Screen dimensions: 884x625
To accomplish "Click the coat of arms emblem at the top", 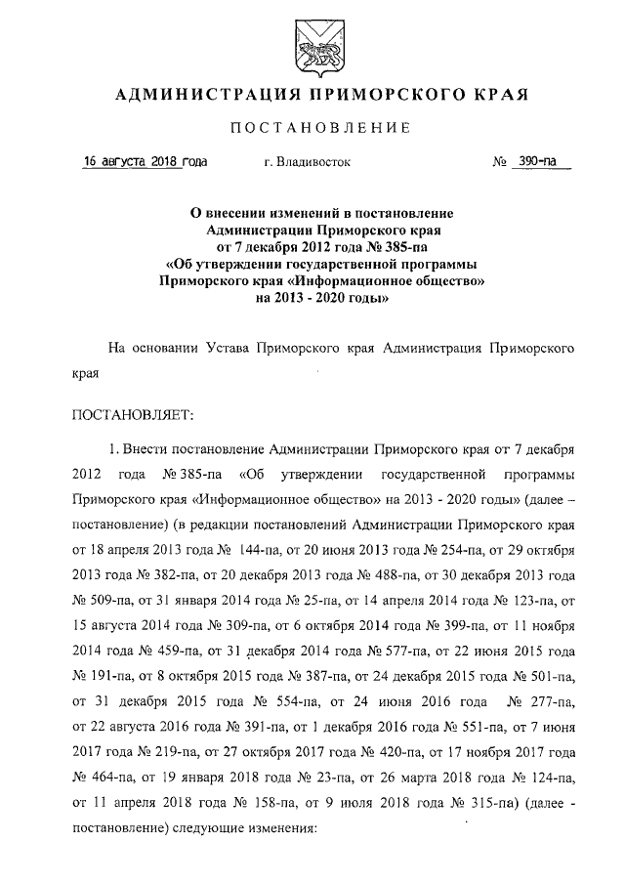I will pyautogui.click(x=312, y=46).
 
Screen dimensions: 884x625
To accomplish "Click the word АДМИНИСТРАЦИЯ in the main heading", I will pyautogui.click(x=200, y=95).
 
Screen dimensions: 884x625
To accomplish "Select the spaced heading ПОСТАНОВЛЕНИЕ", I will pyautogui.click(x=312, y=128).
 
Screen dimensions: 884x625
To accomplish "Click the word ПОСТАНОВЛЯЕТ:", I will pyautogui.click(x=133, y=415).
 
